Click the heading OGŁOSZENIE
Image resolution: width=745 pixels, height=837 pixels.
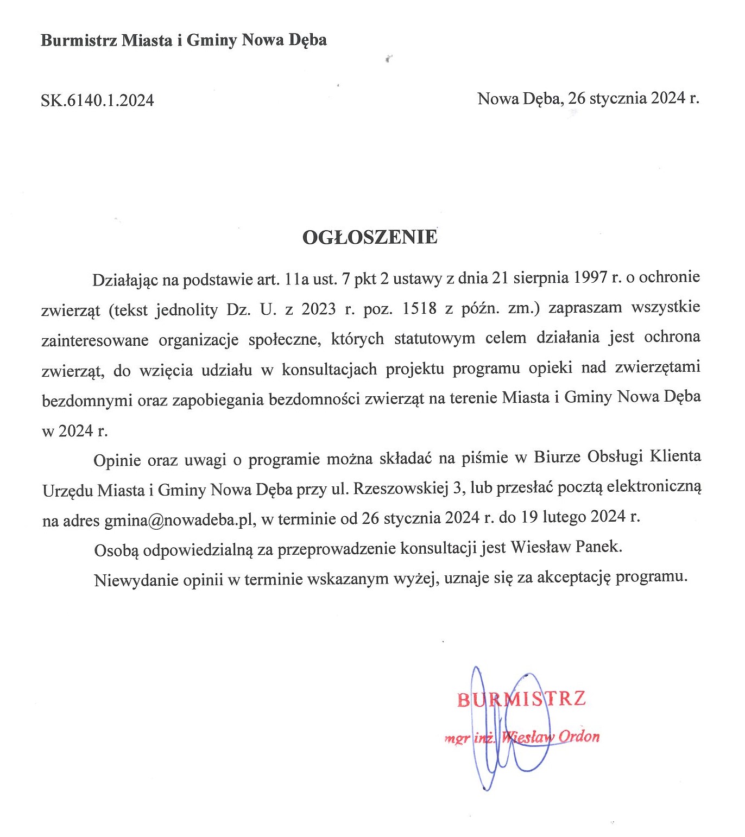pos(369,237)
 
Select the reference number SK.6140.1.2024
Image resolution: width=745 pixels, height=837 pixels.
pos(97,100)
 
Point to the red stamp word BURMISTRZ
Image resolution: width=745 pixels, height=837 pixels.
pos(521,699)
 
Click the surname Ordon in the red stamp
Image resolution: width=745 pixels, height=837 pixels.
pos(579,737)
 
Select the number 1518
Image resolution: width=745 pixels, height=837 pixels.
pos(419,308)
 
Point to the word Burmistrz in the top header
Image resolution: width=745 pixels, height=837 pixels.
pos(79,40)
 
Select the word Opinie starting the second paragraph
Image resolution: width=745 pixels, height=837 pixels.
pos(117,460)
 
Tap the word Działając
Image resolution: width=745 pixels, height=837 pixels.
pos(125,280)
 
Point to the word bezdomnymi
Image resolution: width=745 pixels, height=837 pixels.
pos(87,400)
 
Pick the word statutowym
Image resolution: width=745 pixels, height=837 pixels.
pos(434,339)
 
